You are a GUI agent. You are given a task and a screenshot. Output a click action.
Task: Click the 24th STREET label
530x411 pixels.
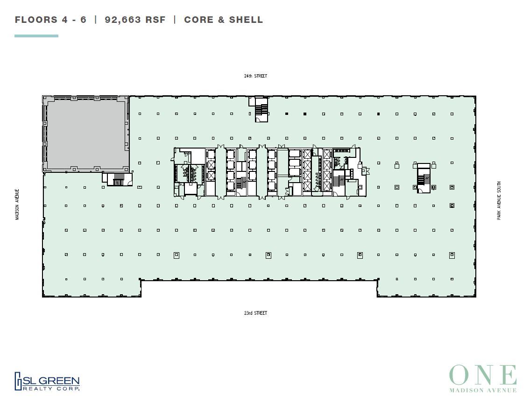(255, 76)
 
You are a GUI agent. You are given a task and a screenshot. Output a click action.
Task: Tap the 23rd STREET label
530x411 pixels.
(255, 313)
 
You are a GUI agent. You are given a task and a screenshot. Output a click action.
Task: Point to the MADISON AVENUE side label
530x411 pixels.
(17, 205)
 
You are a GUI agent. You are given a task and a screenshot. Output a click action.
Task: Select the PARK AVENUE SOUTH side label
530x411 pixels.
(499, 201)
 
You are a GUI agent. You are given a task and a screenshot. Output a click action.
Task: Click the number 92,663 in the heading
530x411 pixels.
(122, 20)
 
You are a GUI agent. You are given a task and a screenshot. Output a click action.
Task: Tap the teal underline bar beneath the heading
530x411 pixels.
(36, 36)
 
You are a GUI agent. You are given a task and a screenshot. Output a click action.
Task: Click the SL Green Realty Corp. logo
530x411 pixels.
(47, 381)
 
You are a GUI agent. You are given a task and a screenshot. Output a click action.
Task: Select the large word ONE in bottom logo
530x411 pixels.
(483, 376)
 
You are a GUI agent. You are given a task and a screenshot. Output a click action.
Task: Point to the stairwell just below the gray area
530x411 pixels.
(117, 179)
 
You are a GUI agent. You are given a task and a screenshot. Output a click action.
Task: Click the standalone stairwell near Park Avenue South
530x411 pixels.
(424, 177)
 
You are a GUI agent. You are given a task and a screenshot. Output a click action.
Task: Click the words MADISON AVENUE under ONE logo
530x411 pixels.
(483, 390)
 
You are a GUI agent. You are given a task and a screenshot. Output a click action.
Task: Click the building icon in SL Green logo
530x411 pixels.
(19, 381)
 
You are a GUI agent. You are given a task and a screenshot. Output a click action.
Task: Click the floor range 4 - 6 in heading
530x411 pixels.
(74, 20)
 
